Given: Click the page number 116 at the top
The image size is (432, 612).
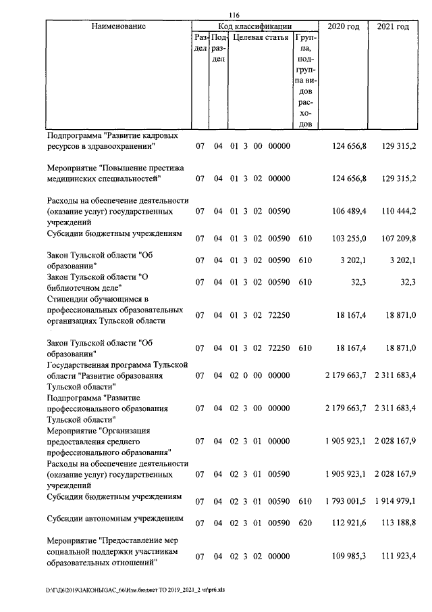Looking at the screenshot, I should click(234, 16).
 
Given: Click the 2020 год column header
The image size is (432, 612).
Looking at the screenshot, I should click(343, 26).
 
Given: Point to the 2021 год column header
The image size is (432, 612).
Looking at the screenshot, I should click(393, 26).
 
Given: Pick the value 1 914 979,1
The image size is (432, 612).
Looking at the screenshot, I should click(394, 500).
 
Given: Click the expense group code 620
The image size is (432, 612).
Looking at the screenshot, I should click(305, 523).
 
